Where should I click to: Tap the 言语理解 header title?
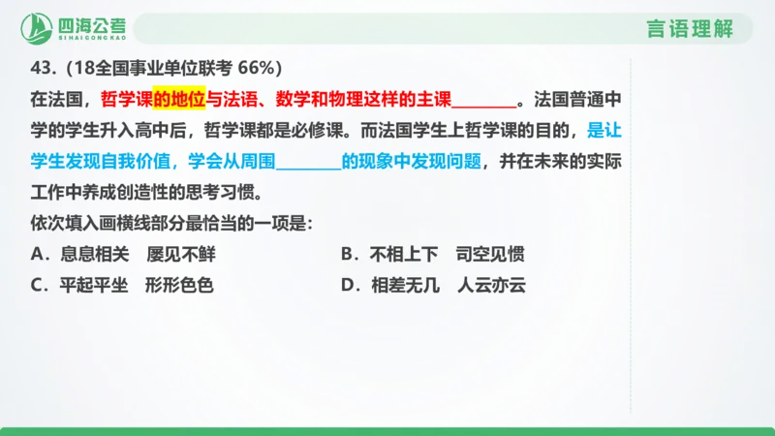(690, 28)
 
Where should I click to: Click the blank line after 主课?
(483, 100)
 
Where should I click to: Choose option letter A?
(37, 255)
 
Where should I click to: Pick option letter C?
(37, 286)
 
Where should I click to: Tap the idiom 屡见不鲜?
(181, 255)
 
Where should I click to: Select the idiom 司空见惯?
(491, 255)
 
